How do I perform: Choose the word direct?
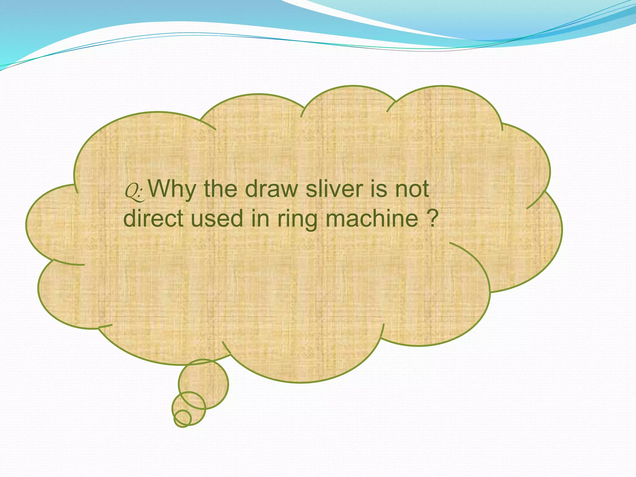pos(153,218)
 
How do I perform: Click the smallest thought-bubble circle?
pos(183,418)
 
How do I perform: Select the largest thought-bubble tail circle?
pos(203,384)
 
